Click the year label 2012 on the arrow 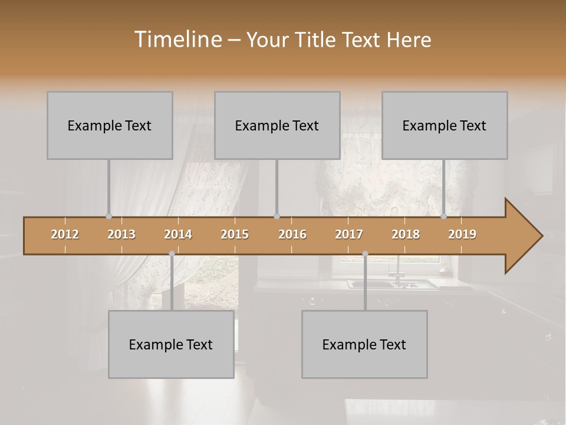pyautogui.click(x=65, y=234)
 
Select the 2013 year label pyautogui.click(x=121, y=234)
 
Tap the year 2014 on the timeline pyautogui.click(x=178, y=234)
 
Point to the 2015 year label pyautogui.click(x=235, y=234)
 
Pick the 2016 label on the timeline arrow pyautogui.click(x=292, y=234)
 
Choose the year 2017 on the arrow pyautogui.click(x=349, y=234)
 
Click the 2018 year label pyautogui.click(x=406, y=234)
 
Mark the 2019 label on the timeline pyautogui.click(x=462, y=234)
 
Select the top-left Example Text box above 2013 pyautogui.click(x=110, y=125)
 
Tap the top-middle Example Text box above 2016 pyautogui.click(x=277, y=125)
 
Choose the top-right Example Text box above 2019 pyautogui.click(x=445, y=125)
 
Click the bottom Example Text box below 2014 pyautogui.click(x=171, y=344)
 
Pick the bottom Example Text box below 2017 pyautogui.click(x=364, y=344)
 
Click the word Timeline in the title pyautogui.click(x=177, y=39)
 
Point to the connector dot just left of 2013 pyautogui.click(x=108, y=216)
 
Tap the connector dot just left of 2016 pyautogui.click(x=277, y=216)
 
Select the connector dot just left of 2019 pyautogui.click(x=444, y=216)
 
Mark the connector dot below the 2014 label pyautogui.click(x=172, y=254)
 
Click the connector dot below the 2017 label pyautogui.click(x=365, y=254)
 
